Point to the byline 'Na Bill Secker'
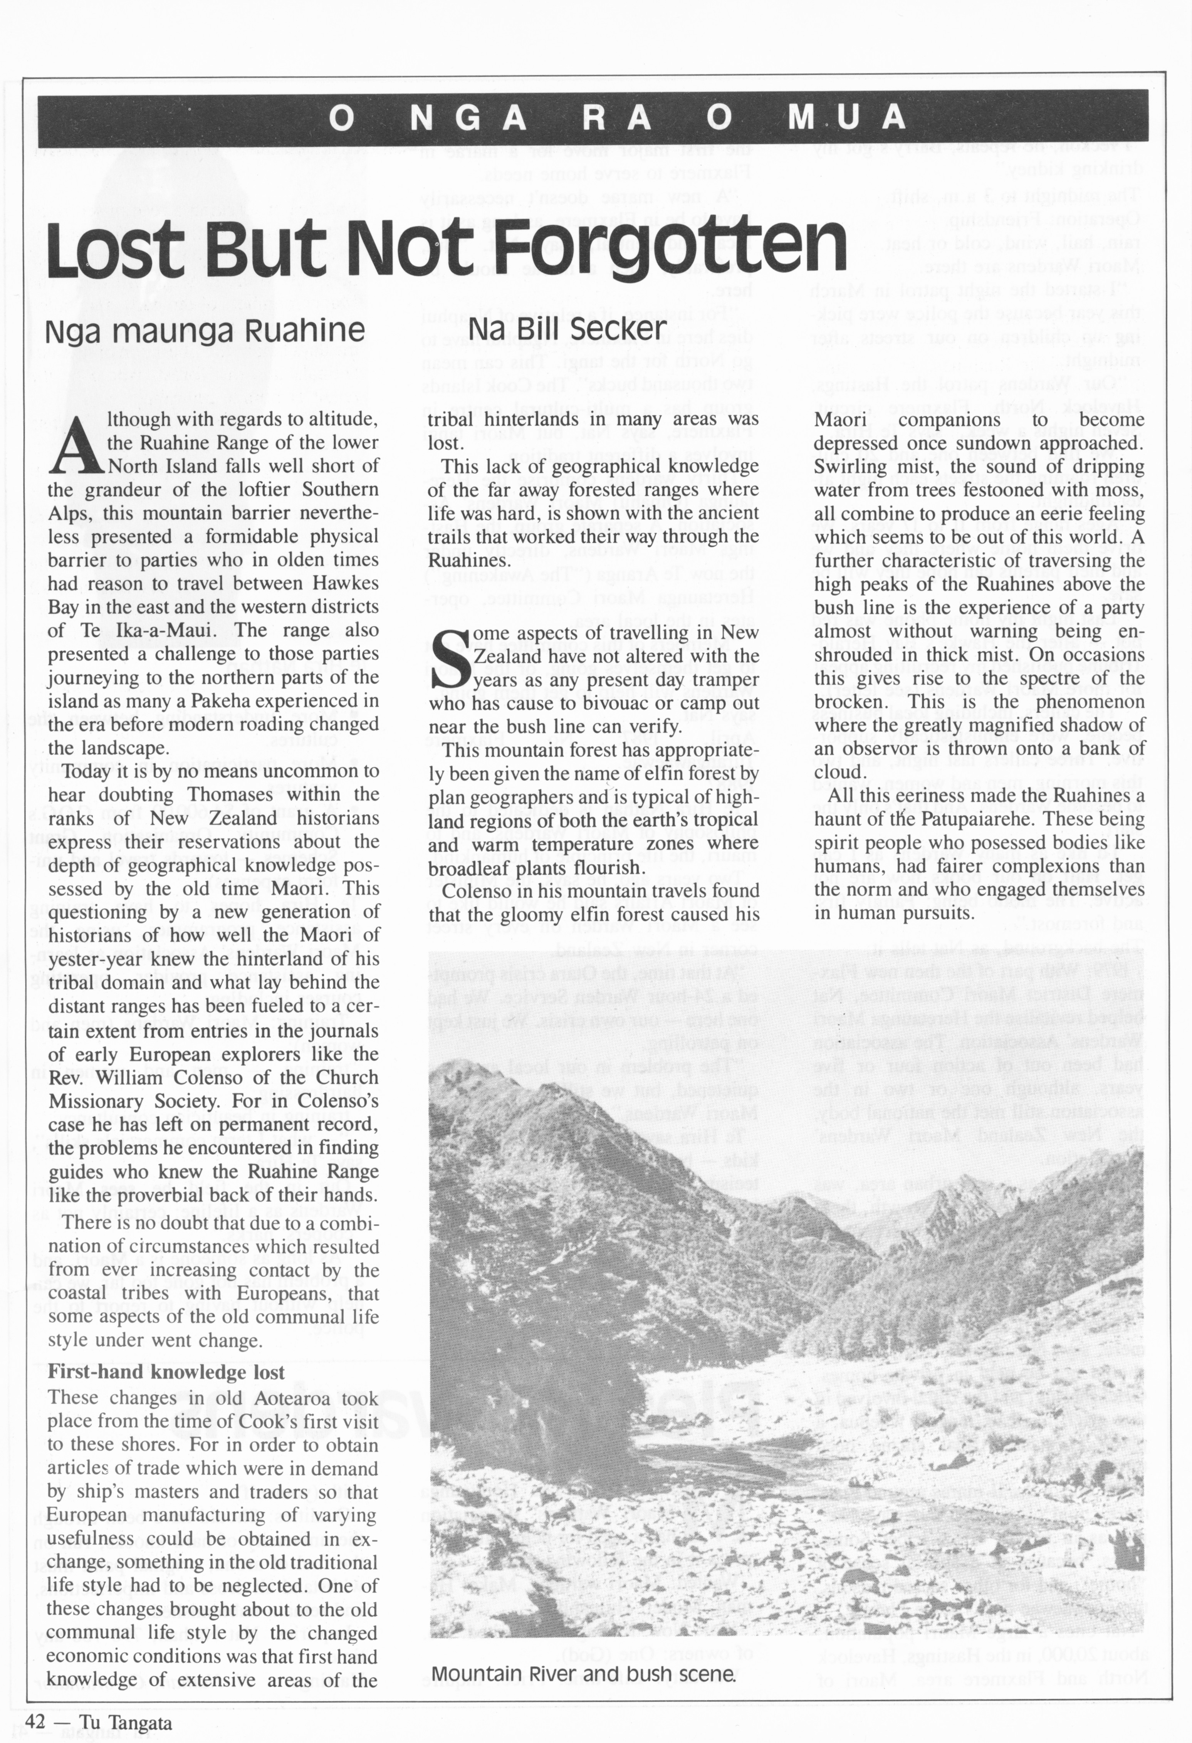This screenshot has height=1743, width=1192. point(567,329)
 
